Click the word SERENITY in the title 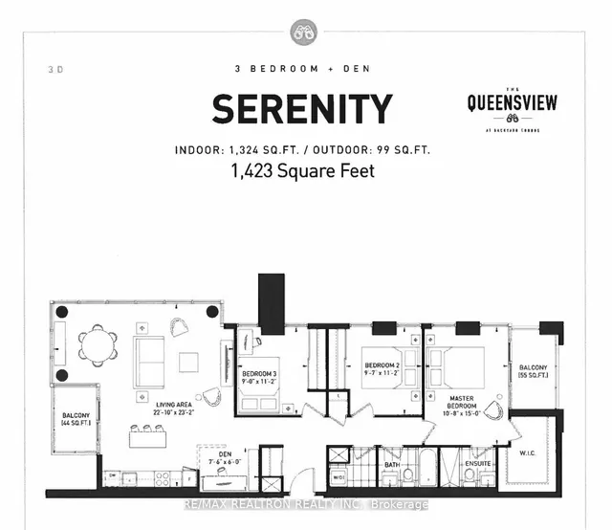pyautogui.click(x=301, y=108)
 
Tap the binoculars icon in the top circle pyautogui.click(x=305, y=33)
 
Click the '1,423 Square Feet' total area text pyautogui.click(x=301, y=172)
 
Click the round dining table pyautogui.click(x=97, y=344)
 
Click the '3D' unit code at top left pyautogui.click(x=51, y=69)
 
